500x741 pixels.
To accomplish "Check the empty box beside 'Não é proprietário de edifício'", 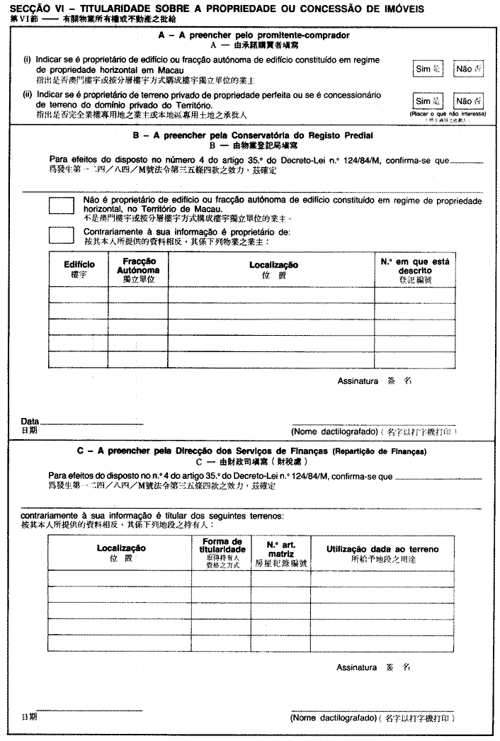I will (x=62, y=205).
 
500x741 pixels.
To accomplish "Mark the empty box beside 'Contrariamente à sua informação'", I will (x=62, y=235).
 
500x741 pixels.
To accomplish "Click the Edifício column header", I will (x=79, y=268).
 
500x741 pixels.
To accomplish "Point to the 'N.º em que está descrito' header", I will (x=414, y=270).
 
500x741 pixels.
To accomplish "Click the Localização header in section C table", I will (x=121, y=552).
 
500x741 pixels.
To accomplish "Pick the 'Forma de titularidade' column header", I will (x=220, y=549).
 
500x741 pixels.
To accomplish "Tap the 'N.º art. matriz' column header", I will (x=280, y=549).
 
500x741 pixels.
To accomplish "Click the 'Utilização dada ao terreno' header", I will (x=382, y=552).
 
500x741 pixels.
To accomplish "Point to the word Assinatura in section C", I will (x=357, y=667).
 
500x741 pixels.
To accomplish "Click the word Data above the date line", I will (x=30, y=422).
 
